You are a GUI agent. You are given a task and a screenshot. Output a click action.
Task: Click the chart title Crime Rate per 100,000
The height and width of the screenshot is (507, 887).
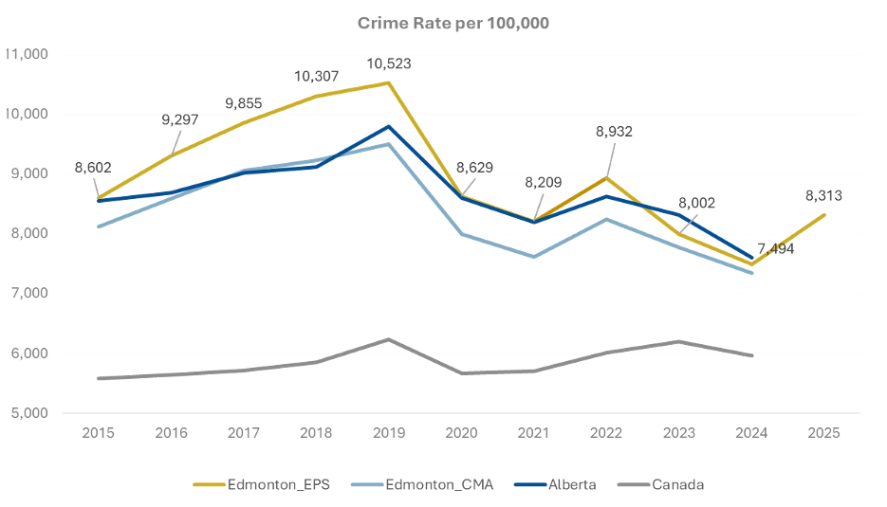point(453,23)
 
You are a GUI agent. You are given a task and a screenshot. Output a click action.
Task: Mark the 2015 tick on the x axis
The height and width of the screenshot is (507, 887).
point(99,432)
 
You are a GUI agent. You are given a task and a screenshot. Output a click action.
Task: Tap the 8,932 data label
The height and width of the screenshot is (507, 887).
point(613,132)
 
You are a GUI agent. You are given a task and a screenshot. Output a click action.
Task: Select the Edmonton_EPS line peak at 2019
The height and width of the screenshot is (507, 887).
point(388,83)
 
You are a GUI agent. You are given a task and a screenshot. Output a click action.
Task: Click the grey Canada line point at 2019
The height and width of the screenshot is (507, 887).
point(388,339)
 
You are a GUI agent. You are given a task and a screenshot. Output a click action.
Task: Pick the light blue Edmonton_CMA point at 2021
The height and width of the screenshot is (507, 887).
point(534,257)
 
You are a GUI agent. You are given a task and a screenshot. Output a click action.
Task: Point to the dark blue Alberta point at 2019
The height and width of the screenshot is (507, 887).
point(388,126)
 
